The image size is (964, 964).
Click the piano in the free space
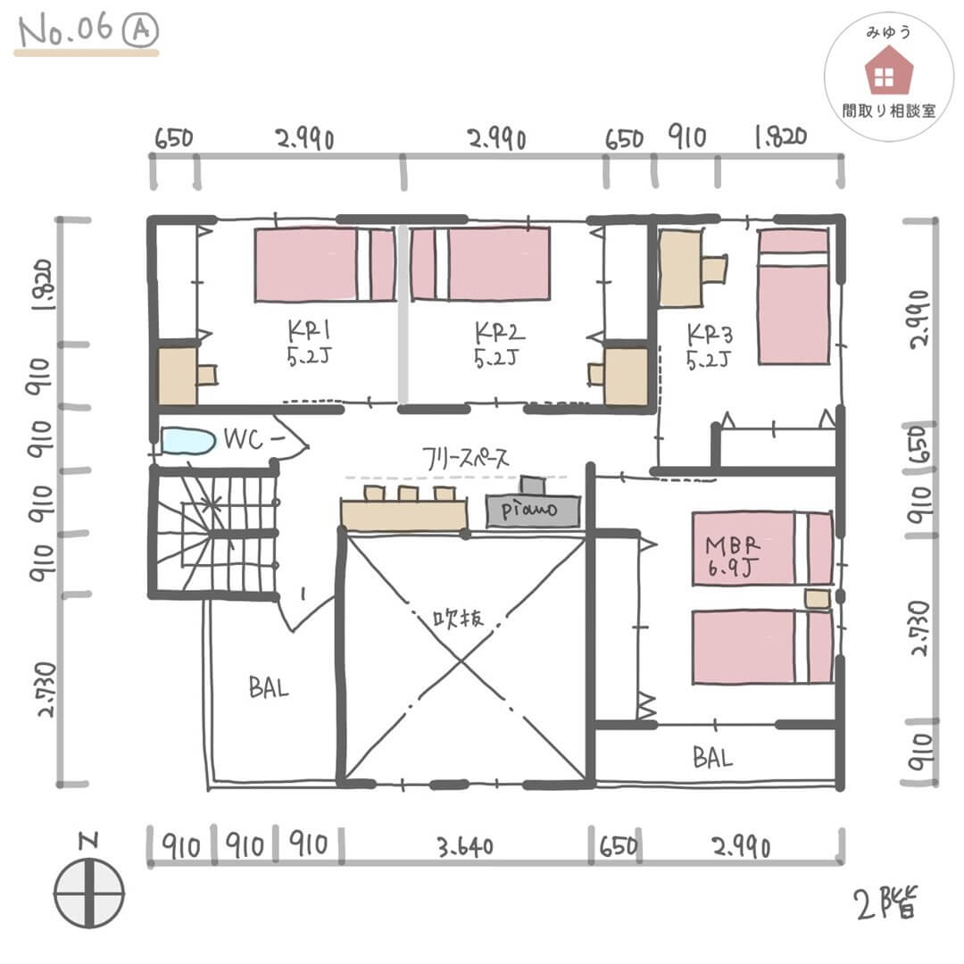pyautogui.click(x=532, y=504)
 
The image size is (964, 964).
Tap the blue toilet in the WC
pyautogui.click(x=188, y=441)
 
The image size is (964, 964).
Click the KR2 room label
pyautogui.click(x=499, y=345)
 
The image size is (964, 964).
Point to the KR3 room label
pyautogui.click(x=710, y=346)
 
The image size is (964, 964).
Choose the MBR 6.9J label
pyautogui.click(x=732, y=556)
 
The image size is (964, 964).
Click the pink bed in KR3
pyautogui.click(x=794, y=297)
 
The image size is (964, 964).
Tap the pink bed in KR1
pyautogui.click(x=325, y=264)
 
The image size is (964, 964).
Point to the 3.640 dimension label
pyautogui.click(x=465, y=847)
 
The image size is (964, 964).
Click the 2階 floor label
pyautogui.click(x=886, y=903)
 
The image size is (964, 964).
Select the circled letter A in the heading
pyautogui.click(x=140, y=30)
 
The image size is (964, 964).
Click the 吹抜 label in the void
pyautogui.click(x=458, y=618)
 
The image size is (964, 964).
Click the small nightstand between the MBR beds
pyautogui.click(x=818, y=599)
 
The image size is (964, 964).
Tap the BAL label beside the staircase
pyautogui.click(x=269, y=686)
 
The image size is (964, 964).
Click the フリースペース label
pyautogui.click(x=465, y=458)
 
